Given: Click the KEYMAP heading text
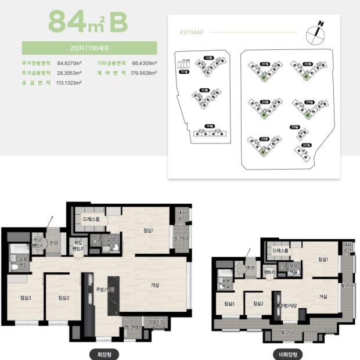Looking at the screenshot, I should point(191,33).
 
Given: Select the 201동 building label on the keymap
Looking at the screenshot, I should point(264,64).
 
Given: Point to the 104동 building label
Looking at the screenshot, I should point(209,125).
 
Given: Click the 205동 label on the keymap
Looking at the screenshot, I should point(264,139).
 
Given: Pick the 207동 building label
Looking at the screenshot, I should point(306,145).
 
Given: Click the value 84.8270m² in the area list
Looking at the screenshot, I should point(70,63).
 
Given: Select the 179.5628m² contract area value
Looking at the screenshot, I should point(145,73).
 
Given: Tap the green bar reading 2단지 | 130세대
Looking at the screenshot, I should point(89,48).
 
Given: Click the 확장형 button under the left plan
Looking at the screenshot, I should point(101,353).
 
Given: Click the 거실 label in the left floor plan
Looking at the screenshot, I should point(154,285).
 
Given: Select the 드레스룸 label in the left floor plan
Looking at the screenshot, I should point(92,219).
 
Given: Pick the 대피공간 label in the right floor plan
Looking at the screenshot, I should point(347,248).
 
